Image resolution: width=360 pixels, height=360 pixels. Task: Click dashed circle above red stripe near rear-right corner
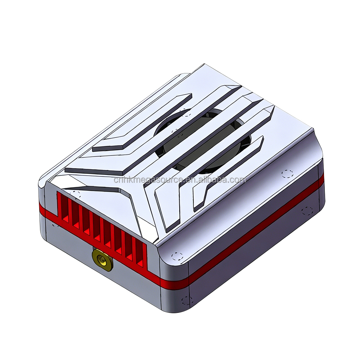tap(287, 174)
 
